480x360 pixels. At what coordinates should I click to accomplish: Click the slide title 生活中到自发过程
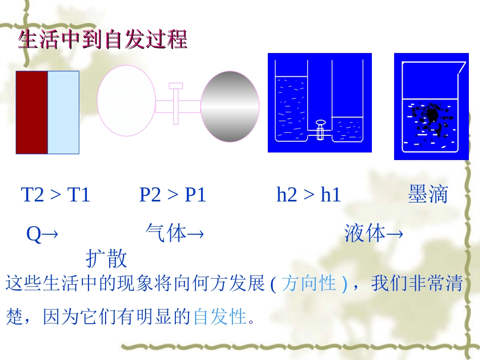point(103,40)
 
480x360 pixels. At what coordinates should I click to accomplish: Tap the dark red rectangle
point(32,112)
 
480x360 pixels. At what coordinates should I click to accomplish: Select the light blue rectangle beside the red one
point(64,112)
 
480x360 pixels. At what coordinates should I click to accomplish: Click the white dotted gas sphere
point(126,101)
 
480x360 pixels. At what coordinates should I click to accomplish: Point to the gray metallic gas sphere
point(230,107)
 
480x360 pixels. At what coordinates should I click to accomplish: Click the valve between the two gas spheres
point(176,104)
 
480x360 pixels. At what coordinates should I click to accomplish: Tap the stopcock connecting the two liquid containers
point(319,129)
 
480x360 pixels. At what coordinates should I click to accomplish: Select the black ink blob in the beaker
point(431,116)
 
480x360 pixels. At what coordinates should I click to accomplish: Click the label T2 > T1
point(56,195)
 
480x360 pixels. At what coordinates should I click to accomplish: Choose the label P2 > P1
point(173,195)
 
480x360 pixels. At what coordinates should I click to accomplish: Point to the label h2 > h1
point(309,195)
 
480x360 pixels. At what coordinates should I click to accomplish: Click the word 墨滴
point(428,195)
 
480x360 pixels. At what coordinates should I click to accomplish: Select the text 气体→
point(174,234)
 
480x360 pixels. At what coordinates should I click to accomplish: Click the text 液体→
point(373,234)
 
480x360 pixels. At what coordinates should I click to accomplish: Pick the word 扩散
point(106,259)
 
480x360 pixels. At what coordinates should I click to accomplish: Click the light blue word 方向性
point(308,283)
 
